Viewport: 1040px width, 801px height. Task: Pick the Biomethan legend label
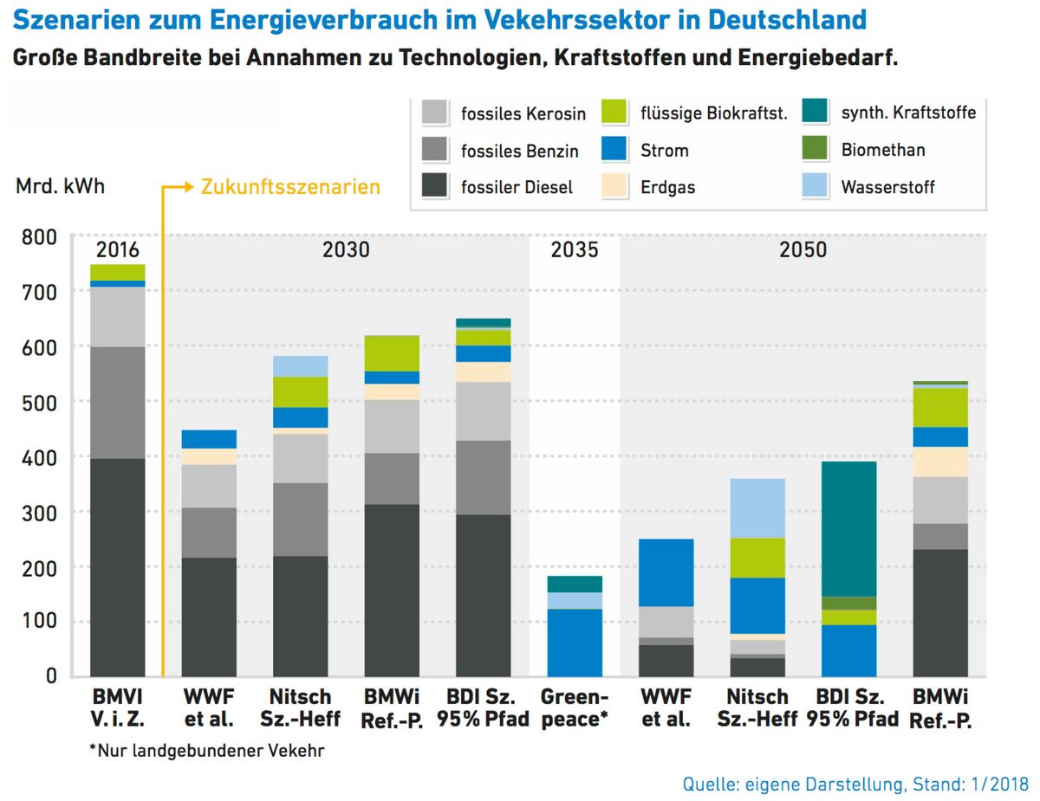click(882, 150)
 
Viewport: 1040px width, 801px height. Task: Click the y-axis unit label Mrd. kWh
click(60, 186)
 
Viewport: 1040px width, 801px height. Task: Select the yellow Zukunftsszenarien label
click(290, 186)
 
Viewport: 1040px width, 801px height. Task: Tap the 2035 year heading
click(574, 250)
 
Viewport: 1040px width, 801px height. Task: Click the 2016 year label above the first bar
click(118, 250)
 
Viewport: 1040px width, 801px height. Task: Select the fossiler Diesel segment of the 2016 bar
click(118, 567)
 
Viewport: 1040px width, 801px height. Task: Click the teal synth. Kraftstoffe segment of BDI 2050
click(849, 528)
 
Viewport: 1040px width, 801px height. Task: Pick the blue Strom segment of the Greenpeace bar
click(574, 642)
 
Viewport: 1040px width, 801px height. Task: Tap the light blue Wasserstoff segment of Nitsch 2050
click(757, 508)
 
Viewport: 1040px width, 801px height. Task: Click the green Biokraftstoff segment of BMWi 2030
click(391, 353)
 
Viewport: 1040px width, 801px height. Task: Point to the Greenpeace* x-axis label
click(574, 708)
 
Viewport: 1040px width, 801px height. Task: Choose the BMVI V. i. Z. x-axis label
click(118, 708)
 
